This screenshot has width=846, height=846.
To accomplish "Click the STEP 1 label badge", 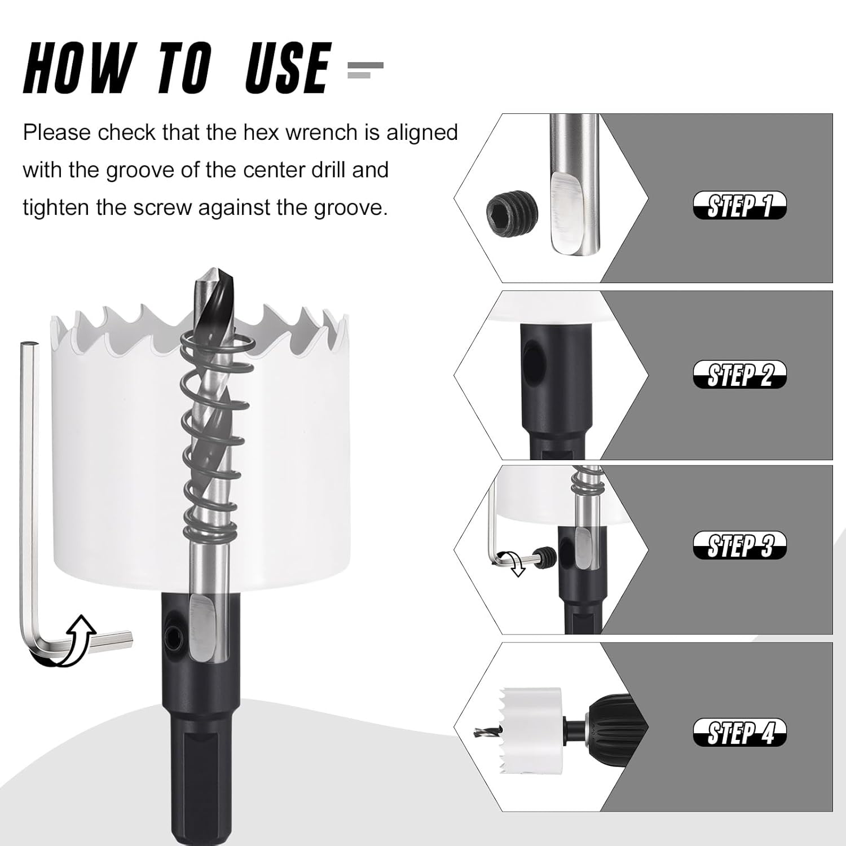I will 739,205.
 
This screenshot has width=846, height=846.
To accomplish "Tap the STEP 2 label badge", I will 739,374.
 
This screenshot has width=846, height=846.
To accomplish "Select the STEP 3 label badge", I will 739,545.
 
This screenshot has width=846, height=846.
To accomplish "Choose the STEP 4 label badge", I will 739,733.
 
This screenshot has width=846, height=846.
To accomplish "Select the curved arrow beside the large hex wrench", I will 73,643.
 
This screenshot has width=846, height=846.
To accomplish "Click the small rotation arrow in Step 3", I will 516,564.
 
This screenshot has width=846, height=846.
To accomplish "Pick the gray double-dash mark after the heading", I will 365,69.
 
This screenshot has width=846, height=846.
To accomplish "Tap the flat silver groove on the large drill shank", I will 202,626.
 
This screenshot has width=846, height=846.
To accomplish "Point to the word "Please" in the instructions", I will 56,133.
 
